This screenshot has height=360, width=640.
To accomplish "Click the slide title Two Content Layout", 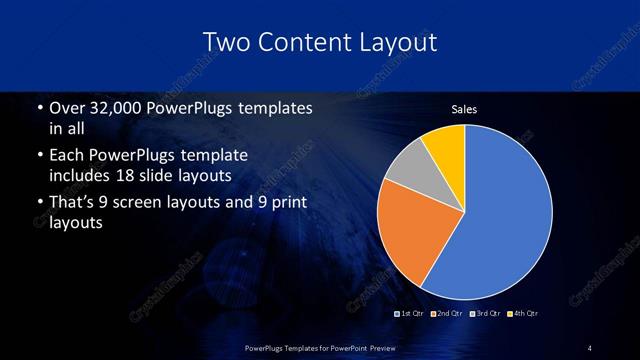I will click(x=319, y=42).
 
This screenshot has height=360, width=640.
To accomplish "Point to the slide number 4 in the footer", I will click(x=590, y=347).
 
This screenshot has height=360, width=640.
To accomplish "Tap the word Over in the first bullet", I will click(x=66, y=108).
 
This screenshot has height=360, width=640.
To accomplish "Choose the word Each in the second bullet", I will click(x=66, y=156).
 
